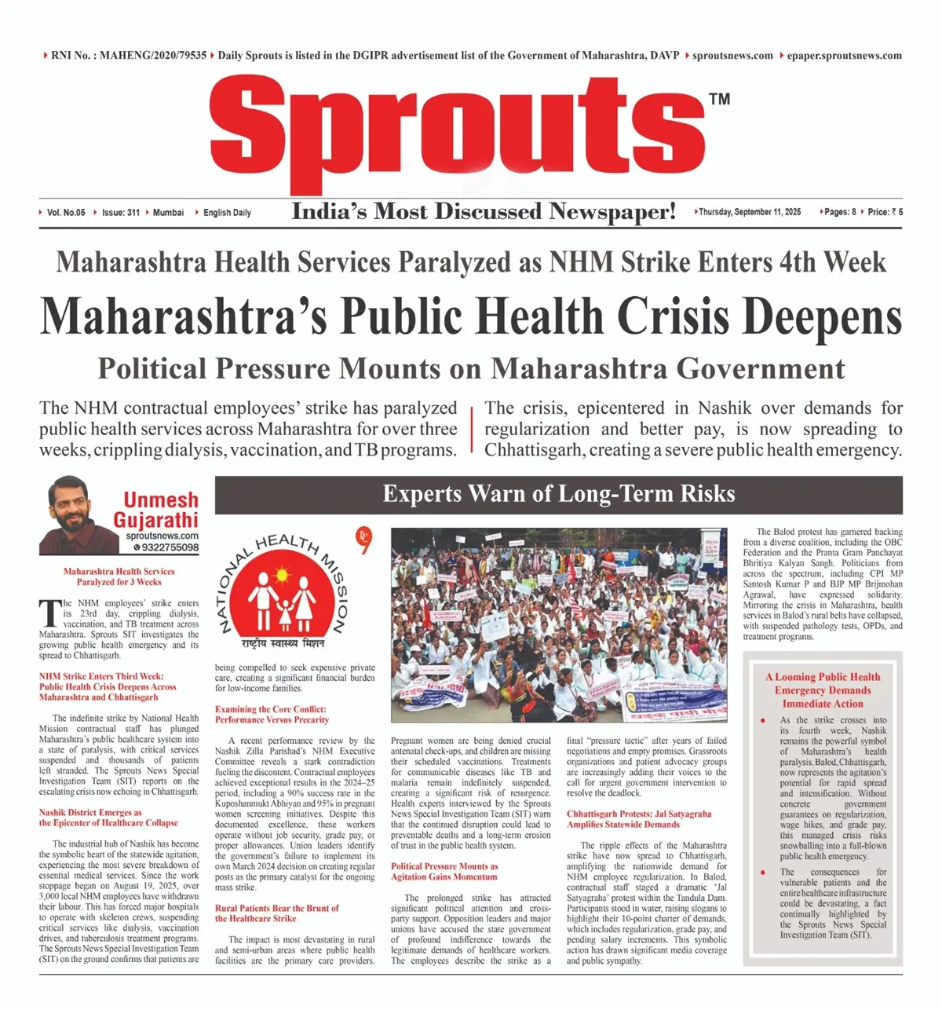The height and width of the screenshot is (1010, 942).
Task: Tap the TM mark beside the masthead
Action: [x=718, y=99]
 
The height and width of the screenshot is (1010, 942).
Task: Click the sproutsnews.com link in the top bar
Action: [x=732, y=56]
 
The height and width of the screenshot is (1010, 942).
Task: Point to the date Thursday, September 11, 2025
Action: [x=750, y=212]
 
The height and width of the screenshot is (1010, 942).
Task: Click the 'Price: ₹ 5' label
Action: [x=885, y=212]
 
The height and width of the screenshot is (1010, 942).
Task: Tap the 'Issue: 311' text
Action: [x=120, y=213]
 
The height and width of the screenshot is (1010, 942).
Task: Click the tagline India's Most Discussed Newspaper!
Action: [x=484, y=211]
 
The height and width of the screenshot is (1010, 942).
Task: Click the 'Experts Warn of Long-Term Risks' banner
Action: [x=558, y=494]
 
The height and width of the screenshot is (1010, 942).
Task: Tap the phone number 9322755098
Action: [x=170, y=547]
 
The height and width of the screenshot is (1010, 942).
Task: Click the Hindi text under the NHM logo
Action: [x=283, y=644]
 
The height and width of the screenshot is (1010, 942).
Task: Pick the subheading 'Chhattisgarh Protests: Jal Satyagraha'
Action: [x=639, y=814]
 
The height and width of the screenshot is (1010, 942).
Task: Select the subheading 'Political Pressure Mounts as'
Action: [x=444, y=866]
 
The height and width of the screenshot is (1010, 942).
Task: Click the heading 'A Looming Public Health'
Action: [x=823, y=677]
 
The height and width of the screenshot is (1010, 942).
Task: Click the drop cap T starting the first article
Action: [x=48, y=612]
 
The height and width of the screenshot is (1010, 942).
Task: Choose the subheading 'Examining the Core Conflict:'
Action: [x=270, y=709]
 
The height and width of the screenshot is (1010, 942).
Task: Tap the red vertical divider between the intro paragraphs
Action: [x=471, y=430]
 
